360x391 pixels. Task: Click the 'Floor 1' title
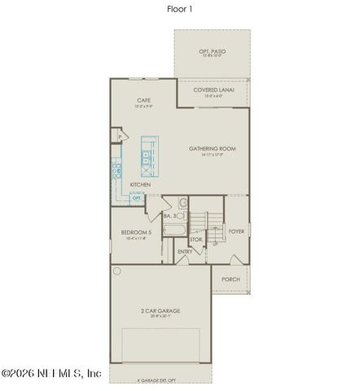click(x=180, y=10)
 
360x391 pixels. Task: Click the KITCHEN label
click(x=140, y=184)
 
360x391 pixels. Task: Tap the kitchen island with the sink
click(x=149, y=156)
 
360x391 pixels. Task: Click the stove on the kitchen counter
click(x=116, y=171)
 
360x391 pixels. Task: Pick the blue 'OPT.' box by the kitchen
click(x=137, y=197)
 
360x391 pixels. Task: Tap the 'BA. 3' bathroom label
click(x=170, y=217)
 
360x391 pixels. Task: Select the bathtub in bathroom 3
click(x=174, y=230)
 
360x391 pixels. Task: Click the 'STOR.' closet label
click(x=195, y=239)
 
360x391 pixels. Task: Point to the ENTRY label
click(x=185, y=252)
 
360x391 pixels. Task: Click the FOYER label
click(x=236, y=231)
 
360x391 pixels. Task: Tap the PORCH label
click(x=230, y=279)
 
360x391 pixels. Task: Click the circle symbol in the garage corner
click(x=117, y=270)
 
